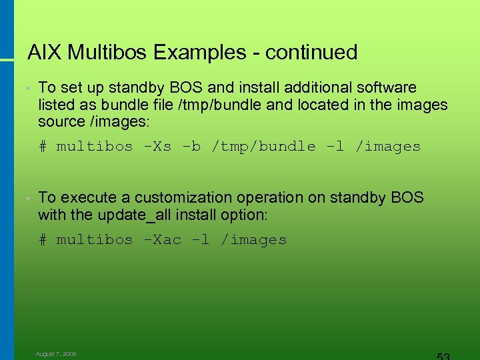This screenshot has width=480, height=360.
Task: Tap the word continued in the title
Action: click(x=311, y=52)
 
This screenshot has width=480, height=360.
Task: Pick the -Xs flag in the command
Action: click(x=157, y=147)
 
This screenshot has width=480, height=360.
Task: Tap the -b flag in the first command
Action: click(x=191, y=147)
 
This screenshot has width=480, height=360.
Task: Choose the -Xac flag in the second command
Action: click(x=162, y=240)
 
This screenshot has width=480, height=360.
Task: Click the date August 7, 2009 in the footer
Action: click(x=56, y=354)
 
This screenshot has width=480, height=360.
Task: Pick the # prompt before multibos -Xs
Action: click(x=43, y=147)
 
